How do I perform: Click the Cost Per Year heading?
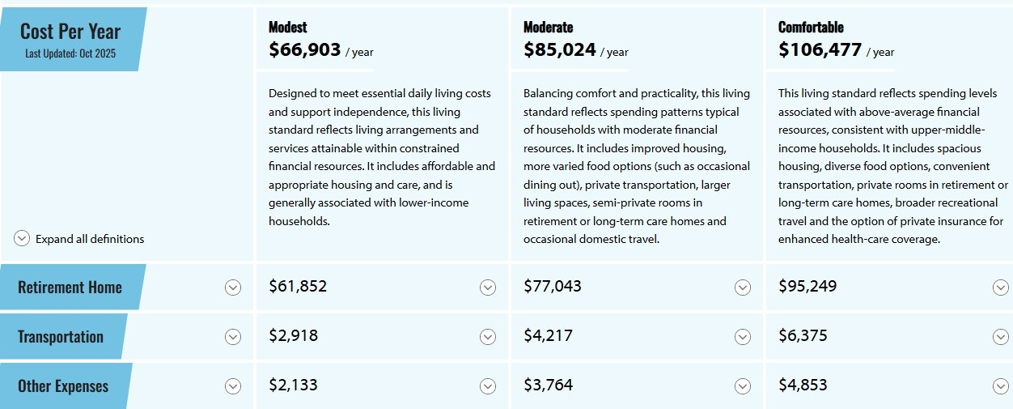pyautogui.click(x=70, y=32)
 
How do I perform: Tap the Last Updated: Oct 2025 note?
pyautogui.click(x=70, y=53)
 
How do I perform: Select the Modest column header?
pyautogui.click(x=288, y=28)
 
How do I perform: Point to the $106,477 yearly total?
pyautogui.click(x=820, y=50)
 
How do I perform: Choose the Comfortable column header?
pyautogui.click(x=811, y=28)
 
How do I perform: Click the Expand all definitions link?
pyautogui.click(x=90, y=239)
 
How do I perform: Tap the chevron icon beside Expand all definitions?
pyautogui.click(x=22, y=239)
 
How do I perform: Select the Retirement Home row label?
pyautogui.click(x=70, y=288)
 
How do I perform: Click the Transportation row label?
pyautogui.click(x=61, y=337)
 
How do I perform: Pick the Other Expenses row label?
pyautogui.click(x=63, y=386)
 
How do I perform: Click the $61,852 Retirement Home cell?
pyautogui.click(x=298, y=286)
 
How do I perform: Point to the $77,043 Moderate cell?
pyautogui.click(x=553, y=286)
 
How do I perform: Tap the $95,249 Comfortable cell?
pyautogui.click(x=807, y=286)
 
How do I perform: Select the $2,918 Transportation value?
pyautogui.click(x=293, y=335)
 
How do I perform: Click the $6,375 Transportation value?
pyautogui.click(x=803, y=335)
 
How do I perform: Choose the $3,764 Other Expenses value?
pyautogui.click(x=548, y=385)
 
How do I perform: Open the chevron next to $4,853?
pyautogui.click(x=1001, y=386)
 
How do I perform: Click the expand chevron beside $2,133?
pyautogui.click(x=487, y=386)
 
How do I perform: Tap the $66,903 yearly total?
pyautogui.click(x=305, y=50)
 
